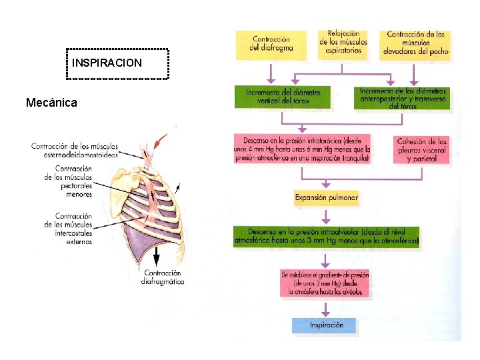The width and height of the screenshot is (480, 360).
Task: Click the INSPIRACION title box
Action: (119, 63)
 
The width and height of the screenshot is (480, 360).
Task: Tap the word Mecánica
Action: (51, 103)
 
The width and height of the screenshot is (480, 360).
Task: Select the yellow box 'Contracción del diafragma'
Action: (271, 43)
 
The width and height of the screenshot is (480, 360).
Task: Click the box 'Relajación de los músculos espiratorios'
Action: (344, 42)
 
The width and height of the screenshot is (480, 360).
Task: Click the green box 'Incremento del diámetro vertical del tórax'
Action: (283, 97)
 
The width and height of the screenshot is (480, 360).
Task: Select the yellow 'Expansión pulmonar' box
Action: (327, 197)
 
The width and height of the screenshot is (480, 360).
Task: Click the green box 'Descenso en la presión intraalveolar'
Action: (326, 237)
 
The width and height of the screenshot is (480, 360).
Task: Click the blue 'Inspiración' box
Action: (326, 325)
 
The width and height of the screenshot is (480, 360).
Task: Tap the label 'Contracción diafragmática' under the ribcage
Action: (163, 277)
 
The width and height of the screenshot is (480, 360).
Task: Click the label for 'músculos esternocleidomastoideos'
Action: (74, 150)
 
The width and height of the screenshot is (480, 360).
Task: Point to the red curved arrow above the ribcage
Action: (161, 141)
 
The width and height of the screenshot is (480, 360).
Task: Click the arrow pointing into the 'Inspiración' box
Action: (326, 309)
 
